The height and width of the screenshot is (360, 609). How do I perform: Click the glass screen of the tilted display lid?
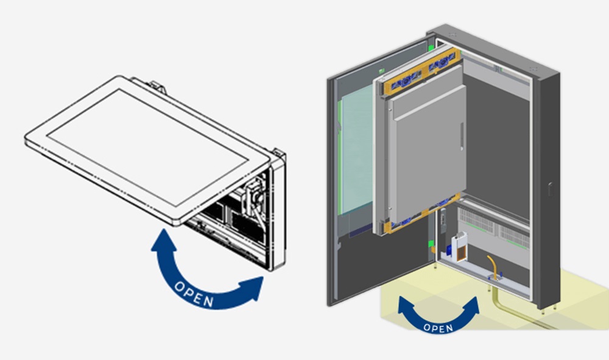pos(146,143)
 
